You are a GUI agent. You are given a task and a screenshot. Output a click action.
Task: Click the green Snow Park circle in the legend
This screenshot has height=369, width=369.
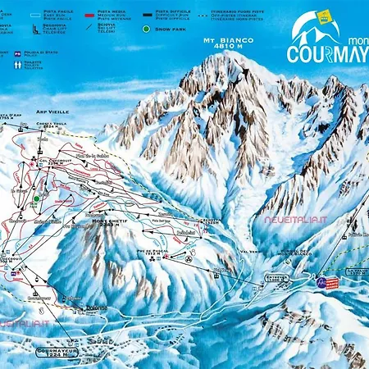pyautogui.click(x=147, y=30)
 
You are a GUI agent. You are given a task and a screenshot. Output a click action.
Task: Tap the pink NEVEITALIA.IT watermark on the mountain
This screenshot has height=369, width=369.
pyautogui.click(x=293, y=220)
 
